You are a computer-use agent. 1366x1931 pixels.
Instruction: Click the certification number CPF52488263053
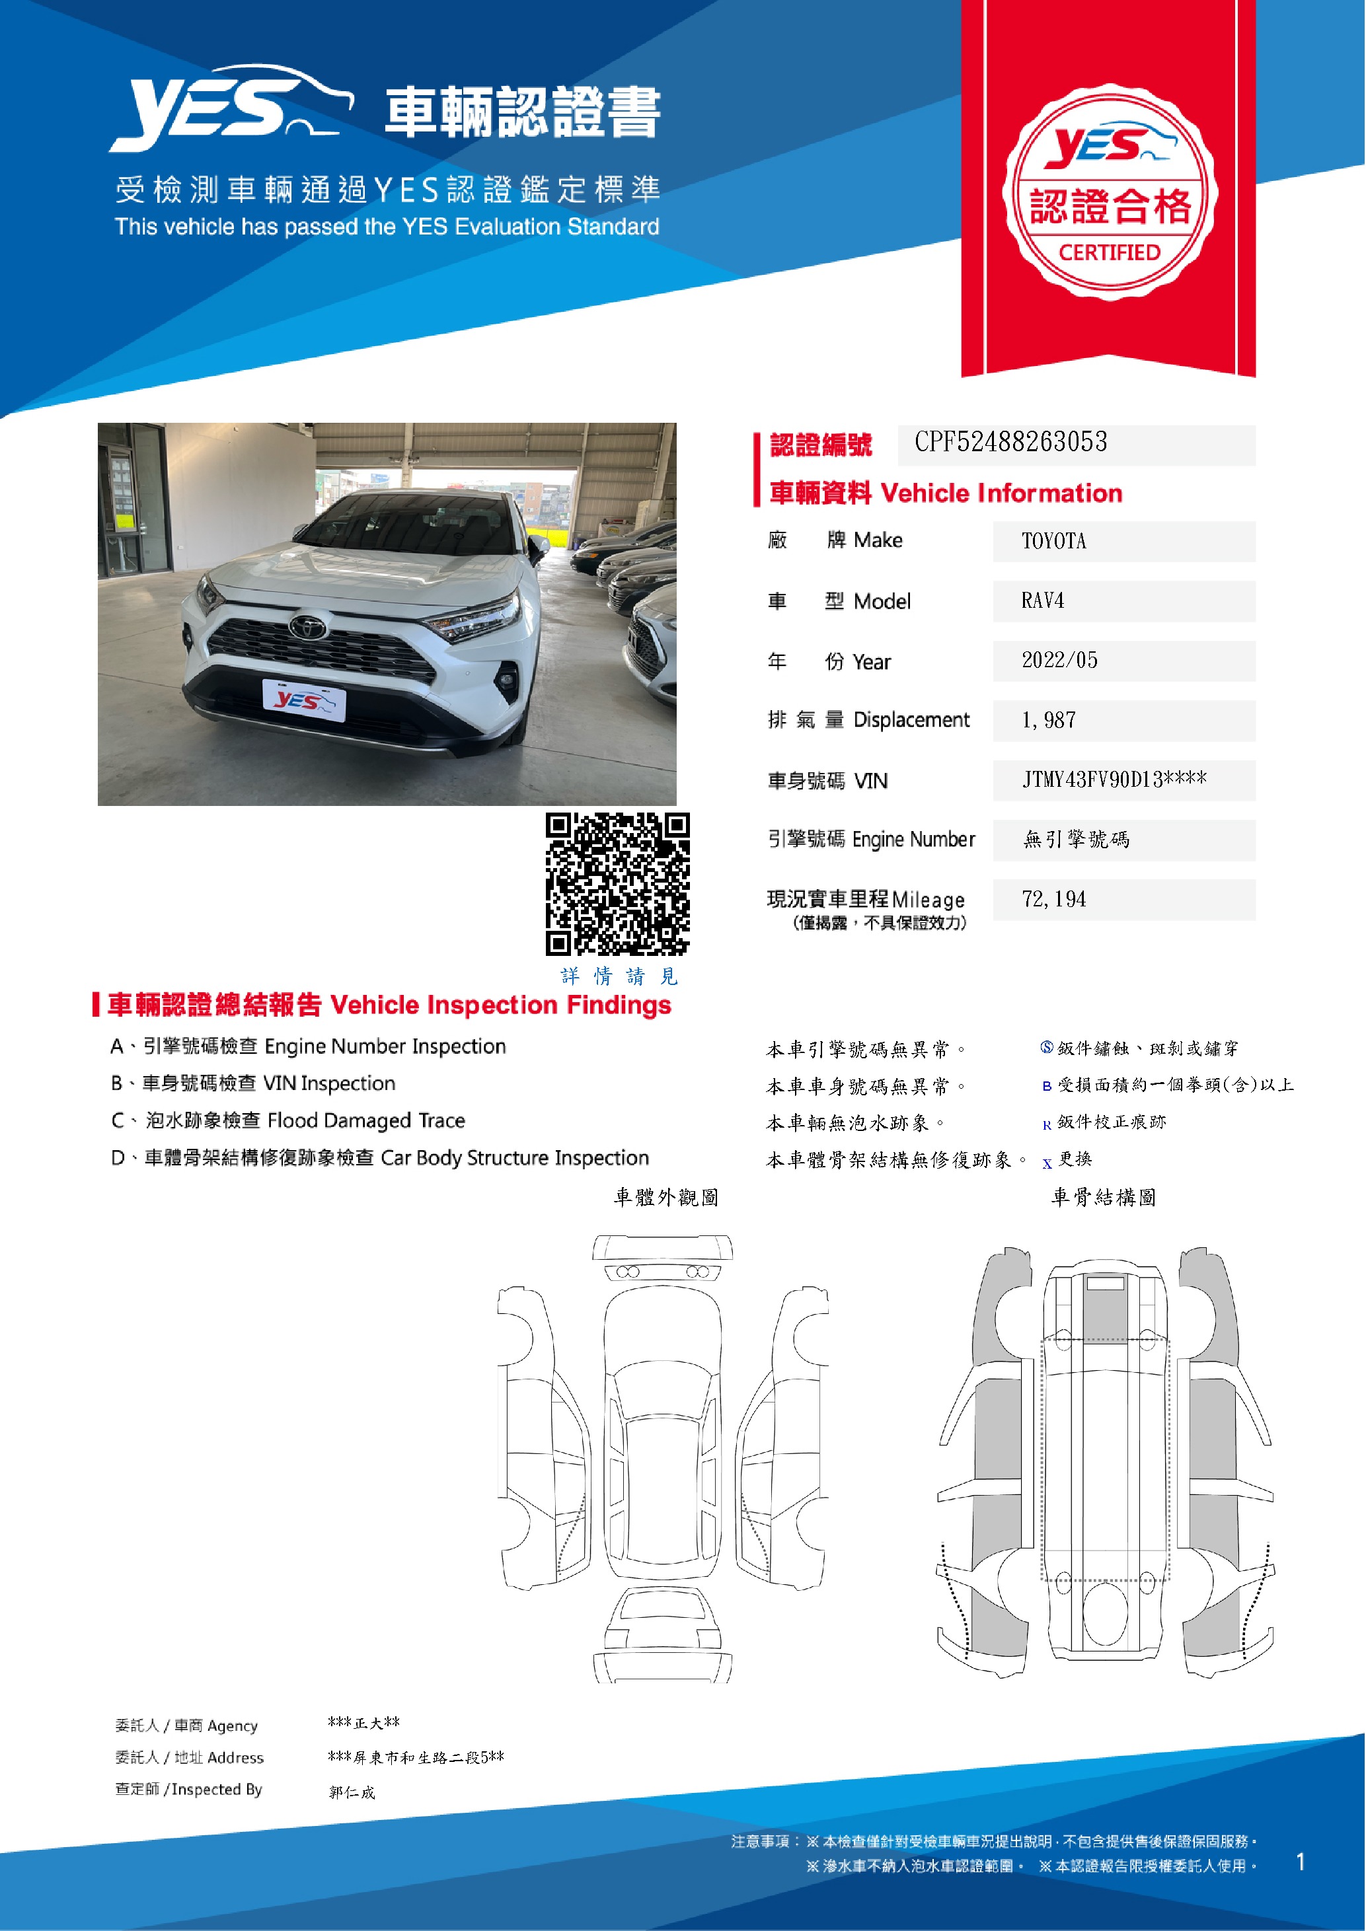[1010, 443]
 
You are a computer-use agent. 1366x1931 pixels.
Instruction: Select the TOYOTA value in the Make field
[1053, 541]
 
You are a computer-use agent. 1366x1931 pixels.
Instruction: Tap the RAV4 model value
[1042, 601]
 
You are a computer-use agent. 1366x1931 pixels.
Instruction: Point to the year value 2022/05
[1059, 660]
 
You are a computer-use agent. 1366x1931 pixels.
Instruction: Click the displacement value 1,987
[1048, 721]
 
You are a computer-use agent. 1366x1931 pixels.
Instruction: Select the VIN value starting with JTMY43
[1114, 780]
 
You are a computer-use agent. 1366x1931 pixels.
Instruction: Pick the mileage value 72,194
[1053, 900]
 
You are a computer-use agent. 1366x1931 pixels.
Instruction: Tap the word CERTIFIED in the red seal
[1109, 252]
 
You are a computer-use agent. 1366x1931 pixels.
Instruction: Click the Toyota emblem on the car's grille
[308, 626]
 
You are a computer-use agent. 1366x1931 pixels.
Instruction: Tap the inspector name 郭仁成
[352, 1792]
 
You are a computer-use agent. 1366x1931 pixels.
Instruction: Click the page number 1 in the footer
[1301, 1862]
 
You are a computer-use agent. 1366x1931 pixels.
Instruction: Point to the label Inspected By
[216, 1789]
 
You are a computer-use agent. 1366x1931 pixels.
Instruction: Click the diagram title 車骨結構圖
[1103, 1198]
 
